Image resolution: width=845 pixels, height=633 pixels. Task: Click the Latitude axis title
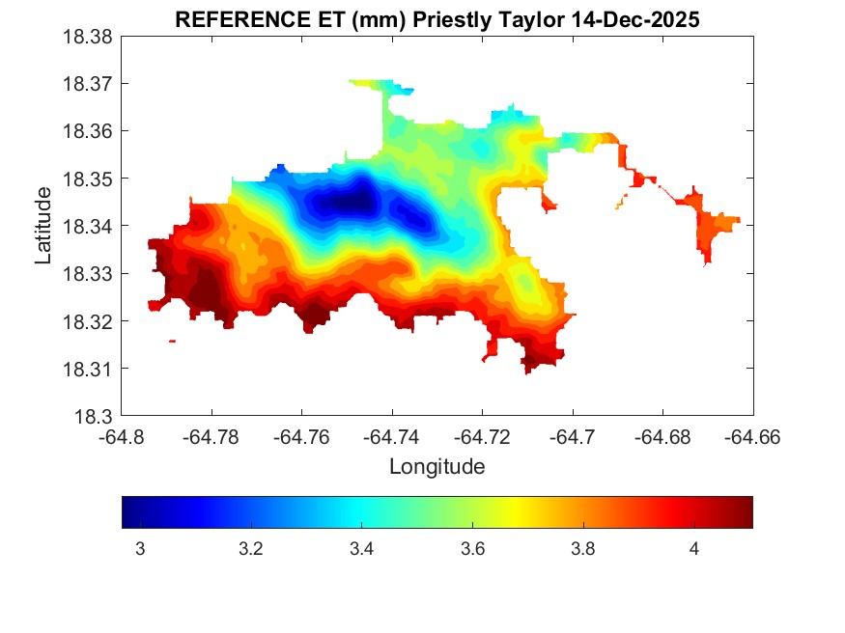[43, 226]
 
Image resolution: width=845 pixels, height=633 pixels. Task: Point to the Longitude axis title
[437, 467]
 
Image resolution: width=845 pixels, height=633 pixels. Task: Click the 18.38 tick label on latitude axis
[88, 37]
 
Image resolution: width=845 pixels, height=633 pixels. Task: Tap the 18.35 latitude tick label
[88, 179]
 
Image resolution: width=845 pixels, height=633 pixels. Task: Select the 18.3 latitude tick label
[94, 417]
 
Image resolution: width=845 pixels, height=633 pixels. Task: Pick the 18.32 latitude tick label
[88, 321]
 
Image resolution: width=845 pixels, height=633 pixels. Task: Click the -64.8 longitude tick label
[123, 437]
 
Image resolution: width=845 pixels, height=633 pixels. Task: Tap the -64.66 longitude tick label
[752, 437]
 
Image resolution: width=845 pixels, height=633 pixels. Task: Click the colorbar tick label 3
[140, 549]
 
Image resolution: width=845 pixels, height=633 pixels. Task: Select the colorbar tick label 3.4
[361, 549]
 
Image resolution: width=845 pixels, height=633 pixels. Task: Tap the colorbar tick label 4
[693, 549]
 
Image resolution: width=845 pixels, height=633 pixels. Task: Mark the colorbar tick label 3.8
[582, 549]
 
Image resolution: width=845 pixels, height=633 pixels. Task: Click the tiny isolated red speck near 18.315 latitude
[172, 341]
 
